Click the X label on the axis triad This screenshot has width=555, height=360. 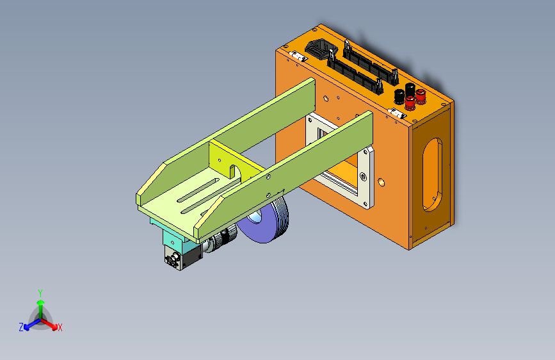coord(60,327)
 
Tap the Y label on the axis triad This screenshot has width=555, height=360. coord(40,293)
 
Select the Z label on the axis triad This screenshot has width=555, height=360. coord(21,327)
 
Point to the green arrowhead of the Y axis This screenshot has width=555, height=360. coord(41,302)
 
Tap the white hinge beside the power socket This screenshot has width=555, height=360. coord(296,56)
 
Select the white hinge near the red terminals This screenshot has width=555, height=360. coord(397,113)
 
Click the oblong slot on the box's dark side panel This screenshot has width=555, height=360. coord(432,175)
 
